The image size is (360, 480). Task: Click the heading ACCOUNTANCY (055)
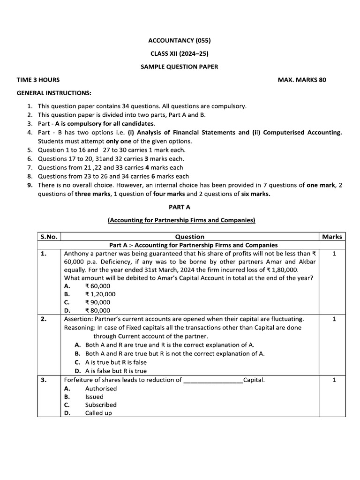pos(180,40)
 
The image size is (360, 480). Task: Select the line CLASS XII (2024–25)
pos(180,53)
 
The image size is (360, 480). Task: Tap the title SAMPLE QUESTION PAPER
pos(180,67)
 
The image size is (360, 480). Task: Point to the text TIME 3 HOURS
pos(38,80)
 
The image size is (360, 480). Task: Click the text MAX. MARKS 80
pos(302,80)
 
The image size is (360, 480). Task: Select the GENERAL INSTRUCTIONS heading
pos(54,93)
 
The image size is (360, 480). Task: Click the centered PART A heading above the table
pos(180,206)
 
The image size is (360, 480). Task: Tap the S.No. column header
pos(49,237)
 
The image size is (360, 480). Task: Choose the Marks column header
pos(332,237)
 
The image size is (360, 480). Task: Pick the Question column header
pos(189,237)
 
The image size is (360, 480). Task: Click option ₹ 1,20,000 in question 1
pos(100,294)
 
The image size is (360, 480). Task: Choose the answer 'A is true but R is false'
pos(116,362)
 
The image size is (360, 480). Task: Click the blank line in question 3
pos(213,380)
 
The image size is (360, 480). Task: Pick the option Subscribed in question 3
pos(101,405)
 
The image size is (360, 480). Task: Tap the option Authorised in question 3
pos(101,389)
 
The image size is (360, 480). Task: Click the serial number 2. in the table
pos(44,319)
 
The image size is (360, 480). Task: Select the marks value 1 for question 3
pos(334,380)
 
